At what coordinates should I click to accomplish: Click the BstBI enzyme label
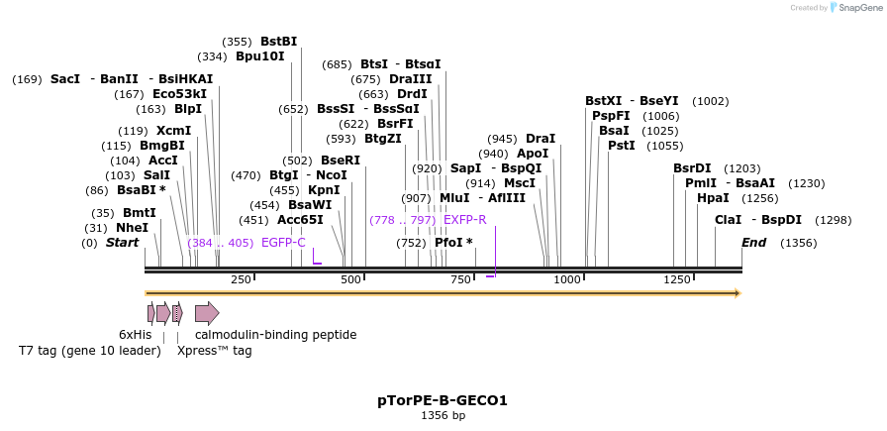[278, 42]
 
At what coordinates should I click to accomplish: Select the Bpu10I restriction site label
[259, 56]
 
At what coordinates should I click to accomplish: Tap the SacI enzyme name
[64, 79]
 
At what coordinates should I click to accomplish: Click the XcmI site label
[173, 131]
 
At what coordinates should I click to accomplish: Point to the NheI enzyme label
[132, 228]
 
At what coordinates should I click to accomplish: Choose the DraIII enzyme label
[410, 79]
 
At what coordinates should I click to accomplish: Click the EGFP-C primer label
[283, 243]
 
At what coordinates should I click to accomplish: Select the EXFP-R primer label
[464, 220]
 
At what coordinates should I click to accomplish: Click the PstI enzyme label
[621, 146]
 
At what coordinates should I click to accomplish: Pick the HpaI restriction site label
[713, 198]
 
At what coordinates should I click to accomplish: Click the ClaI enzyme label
[728, 220]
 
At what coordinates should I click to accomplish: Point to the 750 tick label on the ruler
[460, 280]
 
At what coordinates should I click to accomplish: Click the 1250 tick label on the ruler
[677, 280]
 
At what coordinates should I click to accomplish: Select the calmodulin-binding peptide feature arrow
[207, 314]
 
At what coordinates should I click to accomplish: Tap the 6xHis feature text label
[136, 335]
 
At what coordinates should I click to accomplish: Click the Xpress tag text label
[214, 351]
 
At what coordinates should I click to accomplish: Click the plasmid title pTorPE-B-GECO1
[443, 401]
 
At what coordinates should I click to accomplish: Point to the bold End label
[753, 243]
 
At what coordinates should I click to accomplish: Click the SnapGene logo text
[857, 8]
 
